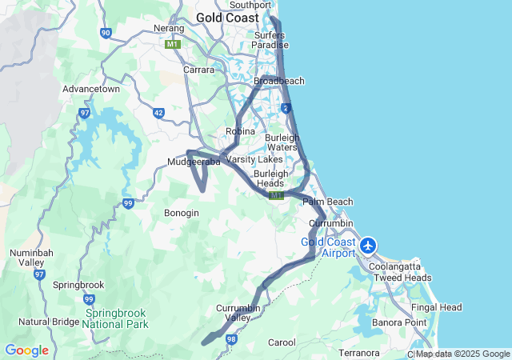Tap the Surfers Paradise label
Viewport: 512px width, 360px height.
tap(269, 40)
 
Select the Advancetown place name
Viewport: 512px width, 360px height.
tap(91, 89)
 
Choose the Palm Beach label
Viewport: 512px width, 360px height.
tap(327, 202)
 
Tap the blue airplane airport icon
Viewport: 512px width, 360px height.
tap(369, 245)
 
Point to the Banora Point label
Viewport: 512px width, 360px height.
tap(399, 322)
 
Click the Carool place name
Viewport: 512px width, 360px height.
tap(282, 342)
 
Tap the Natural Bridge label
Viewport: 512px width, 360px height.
tap(49, 322)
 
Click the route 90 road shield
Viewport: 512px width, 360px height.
tap(106, 33)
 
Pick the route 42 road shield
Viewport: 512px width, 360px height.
tap(158, 113)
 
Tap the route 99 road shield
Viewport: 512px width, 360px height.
tap(127, 204)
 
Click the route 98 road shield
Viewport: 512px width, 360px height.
tap(231, 340)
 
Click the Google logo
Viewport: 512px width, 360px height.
tap(26, 350)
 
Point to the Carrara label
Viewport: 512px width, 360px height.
tap(198, 70)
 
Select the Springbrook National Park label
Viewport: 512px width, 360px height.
tap(114, 319)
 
